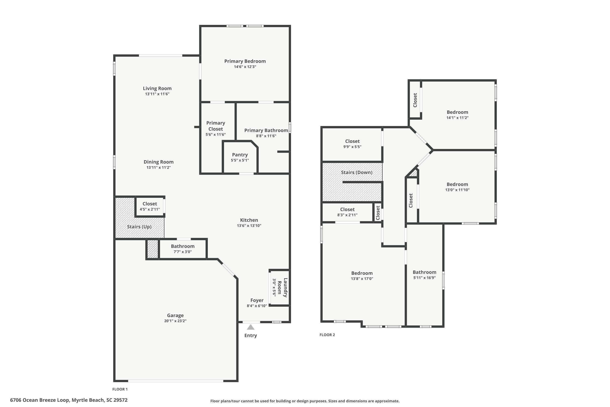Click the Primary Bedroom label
[x=245, y=61]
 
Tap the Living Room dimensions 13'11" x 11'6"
[x=157, y=94]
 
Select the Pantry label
[x=240, y=155]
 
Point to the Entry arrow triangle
[x=251, y=327]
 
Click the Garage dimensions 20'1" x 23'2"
[x=175, y=321]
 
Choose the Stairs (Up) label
[x=139, y=227]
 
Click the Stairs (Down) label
[x=357, y=172]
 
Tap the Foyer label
[x=257, y=300]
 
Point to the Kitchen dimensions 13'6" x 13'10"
[x=249, y=225]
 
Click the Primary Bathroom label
[x=266, y=130]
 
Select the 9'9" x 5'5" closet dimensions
[x=352, y=147]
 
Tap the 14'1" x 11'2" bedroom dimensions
[x=457, y=118]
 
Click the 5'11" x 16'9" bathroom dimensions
[x=424, y=278]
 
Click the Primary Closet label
[x=216, y=126]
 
